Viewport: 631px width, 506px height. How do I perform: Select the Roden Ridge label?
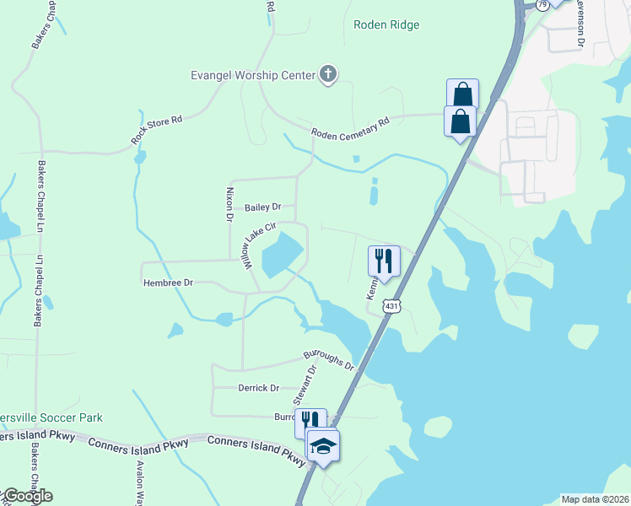point(386,25)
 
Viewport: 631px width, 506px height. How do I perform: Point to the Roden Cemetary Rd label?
point(350,128)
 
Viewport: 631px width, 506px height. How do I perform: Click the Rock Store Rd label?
point(157,131)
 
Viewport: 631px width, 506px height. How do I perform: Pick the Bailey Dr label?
point(262,207)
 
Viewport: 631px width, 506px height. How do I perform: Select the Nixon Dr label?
point(229,205)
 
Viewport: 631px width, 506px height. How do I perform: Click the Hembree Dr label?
point(168,283)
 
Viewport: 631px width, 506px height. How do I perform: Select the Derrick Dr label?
point(259,388)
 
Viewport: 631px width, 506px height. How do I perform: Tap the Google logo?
point(28,496)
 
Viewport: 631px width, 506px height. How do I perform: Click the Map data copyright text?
point(595,499)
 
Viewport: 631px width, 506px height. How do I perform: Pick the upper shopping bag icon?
point(462,93)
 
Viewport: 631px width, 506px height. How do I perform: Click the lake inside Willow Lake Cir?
point(282,254)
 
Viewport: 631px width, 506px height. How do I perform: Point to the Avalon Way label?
point(140,483)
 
